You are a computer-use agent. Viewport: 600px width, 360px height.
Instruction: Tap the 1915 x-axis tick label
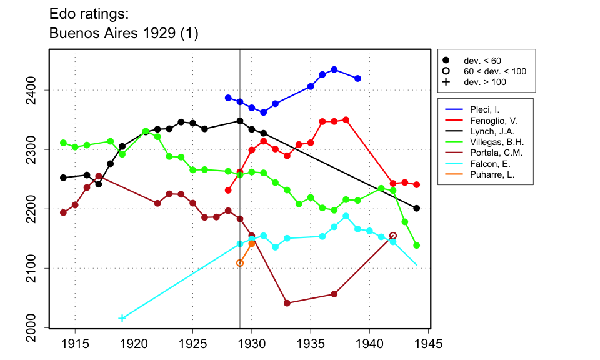click(x=75, y=344)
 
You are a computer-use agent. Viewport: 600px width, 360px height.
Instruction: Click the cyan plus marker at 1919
click(x=122, y=318)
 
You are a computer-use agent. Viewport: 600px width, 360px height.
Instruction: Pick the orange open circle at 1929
click(x=240, y=263)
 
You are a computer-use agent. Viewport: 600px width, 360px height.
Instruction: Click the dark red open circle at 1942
click(x=393, y=236)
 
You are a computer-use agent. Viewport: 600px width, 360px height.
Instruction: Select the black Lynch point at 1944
click(x=417, y=208)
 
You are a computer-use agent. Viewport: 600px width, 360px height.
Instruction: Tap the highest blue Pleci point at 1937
click(x=334, y=69)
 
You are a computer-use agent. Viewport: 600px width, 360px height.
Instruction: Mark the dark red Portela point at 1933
click(x=287, y=303)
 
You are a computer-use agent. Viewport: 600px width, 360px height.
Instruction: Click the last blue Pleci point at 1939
click(x=357, y=78)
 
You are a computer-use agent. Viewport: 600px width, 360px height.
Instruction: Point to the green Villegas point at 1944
click(x=417, y=245)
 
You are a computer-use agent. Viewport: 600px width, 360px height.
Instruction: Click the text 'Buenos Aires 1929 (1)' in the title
click(x=124, y=34)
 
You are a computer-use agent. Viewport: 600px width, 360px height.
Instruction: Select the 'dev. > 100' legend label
click(x=484, y=81)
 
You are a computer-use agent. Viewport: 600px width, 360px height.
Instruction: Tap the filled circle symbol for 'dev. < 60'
click(x=446, y=60)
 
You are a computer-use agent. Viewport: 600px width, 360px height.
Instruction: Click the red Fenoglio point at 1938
click(x=346, y=119)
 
